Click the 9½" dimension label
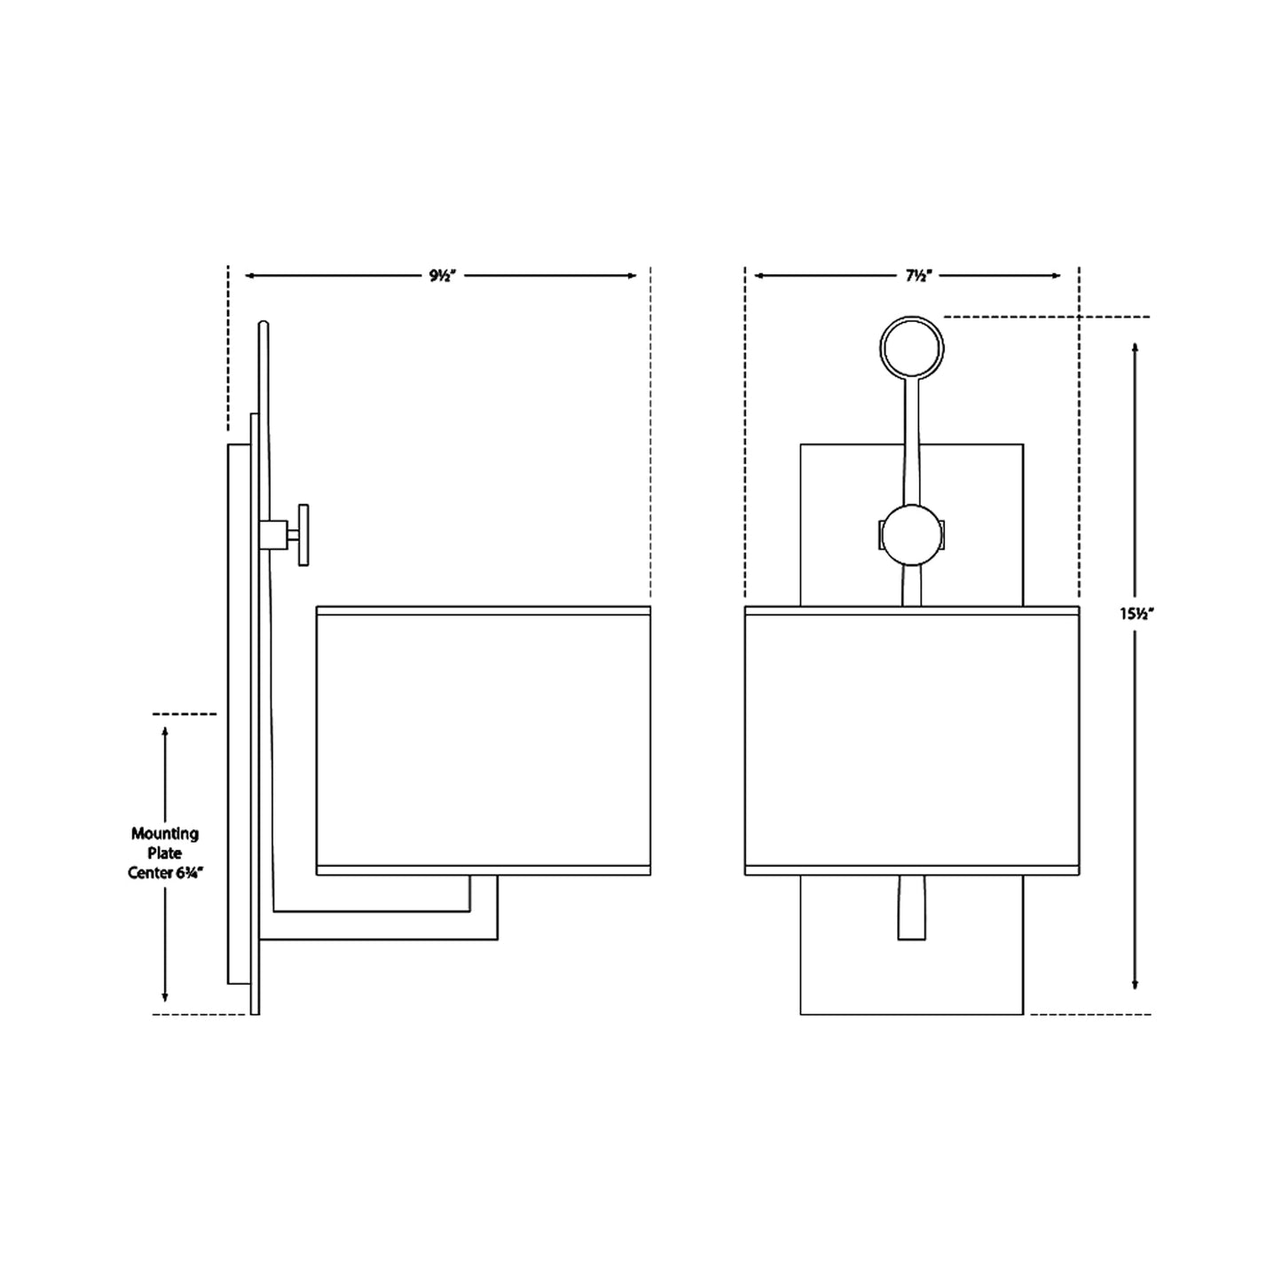click(441, 276)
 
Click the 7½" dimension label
click(916, 276)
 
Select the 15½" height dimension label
click(1136, 613)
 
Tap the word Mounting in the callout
click(165, 833)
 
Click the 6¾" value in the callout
click(183, 872)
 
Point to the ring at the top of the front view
click(911, 348)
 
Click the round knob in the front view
click(911, 535)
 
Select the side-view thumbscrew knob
click(303, 534)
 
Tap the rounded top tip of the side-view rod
click(263, 325)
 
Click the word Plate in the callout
click(165, 853)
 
